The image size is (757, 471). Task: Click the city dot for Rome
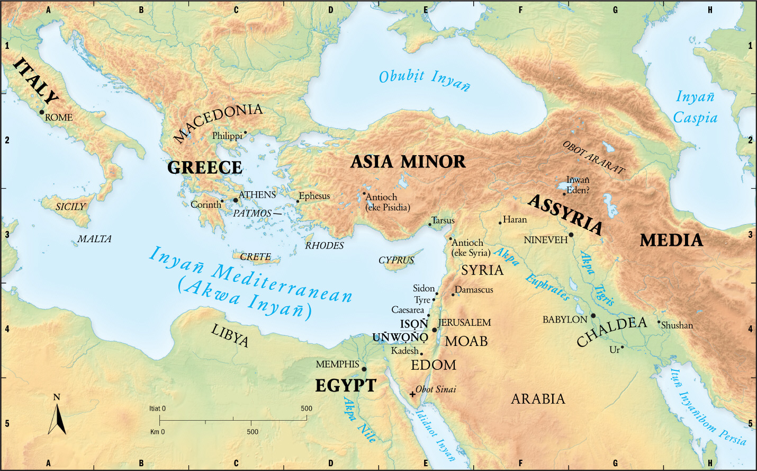tap(42, 112)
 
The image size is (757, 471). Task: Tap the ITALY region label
tap(35, 81)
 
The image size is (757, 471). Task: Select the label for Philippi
tap(227, 136)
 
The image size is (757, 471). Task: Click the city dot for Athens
tap(236, 200)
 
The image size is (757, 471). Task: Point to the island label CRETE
tap(255, 257)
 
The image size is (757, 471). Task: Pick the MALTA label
tap(94, 239)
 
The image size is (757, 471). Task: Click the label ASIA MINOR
tap(408, 162)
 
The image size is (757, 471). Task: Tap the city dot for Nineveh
tap(571, 235)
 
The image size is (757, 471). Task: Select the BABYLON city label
tap(564, 320)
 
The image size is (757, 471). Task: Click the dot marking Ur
tap(623, 348)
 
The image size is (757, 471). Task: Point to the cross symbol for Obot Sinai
tap(412, 394)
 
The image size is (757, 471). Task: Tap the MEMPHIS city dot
tap(364, 369)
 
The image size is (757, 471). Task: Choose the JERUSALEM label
tap(464, 323)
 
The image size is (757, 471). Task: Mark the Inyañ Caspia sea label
tap(695, 108)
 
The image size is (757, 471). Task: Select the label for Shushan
tap(677, 326)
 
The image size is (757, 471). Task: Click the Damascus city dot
tap(453, 294)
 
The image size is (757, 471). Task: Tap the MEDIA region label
tap(671, 241)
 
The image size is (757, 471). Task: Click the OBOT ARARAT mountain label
tap(593, 157)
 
